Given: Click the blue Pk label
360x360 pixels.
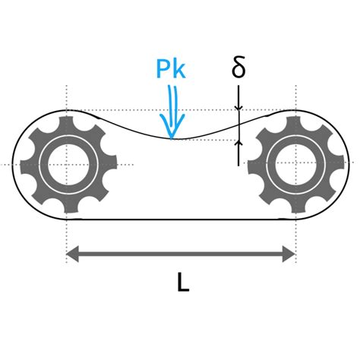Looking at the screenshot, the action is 171,68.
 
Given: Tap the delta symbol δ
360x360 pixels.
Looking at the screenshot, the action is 238,67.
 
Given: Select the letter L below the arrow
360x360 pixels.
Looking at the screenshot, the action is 183,283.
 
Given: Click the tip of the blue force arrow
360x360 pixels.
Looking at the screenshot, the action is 172,139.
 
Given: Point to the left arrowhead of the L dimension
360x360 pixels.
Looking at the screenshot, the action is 72,254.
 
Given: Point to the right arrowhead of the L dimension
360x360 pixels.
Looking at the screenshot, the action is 289,254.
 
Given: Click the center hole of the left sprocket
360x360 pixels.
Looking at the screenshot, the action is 68,165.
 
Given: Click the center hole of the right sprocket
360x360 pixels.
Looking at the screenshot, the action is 295,164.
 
